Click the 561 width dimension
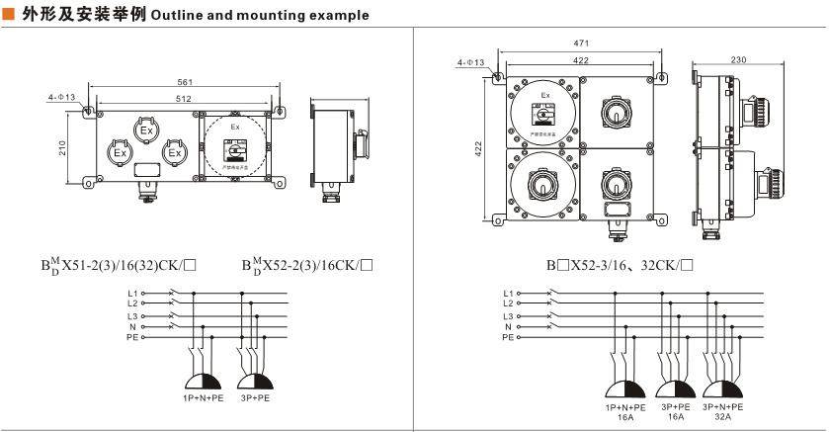pyautogui.click(x=185, y=82)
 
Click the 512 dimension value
pyautogui.click(x=185, y=99)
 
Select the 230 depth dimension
pyautogui.click(x=739, y=60)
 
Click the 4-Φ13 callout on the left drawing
pyautogui.click(x=62, y=98)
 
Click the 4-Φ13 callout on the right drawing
pyautogui.click(x=470, y=62)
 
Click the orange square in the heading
pyautogui.click(x=9, y=15)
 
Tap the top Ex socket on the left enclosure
pyautogui.click(x=146, y=130)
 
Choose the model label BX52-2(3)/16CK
pyautogui.click(x=307, y=265)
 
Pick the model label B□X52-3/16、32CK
pyautogui.click(x=621, y=265)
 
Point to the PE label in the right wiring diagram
pyautogui.click(x=508, y=338)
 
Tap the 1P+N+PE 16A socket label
pyautogui.click(x=625, y=411)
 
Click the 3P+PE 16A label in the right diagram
pyautogui.click(x=676, y=411)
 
